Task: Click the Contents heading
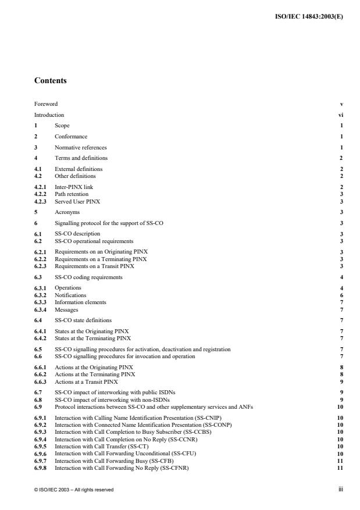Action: click(x=50, y=81)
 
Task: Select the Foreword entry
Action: click(x=46, y=104)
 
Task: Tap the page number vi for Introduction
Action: click(x=340, y=115)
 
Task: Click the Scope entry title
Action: click(x=62, y=126)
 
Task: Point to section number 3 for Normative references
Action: click(x=36, y=148)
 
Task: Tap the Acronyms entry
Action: click(x=66, y=212)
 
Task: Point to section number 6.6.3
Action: click(x=41, y=382)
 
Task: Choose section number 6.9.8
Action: click(x=41, y=468)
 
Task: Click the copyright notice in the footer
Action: click(x=73, y=490)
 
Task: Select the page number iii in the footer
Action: click(x=341, y=490)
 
